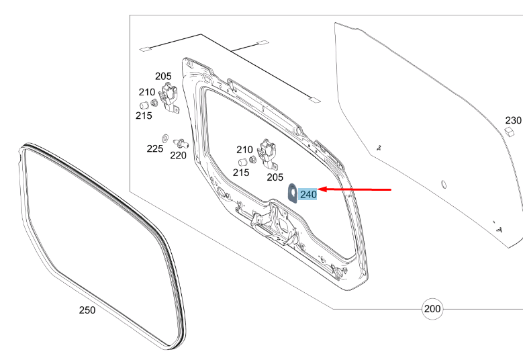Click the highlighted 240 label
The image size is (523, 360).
pos(309,194)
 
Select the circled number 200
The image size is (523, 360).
pos(432,309)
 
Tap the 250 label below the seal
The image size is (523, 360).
pos(87,310)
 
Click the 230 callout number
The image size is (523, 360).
pos(513,120)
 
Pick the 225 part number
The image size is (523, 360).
pos(155,148)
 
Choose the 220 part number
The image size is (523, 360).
pos(178,155)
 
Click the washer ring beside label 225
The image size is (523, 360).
pos(165,137)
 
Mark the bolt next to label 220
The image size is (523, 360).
pos(180,142)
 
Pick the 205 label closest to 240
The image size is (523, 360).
pos(275,177)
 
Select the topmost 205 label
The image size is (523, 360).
pos(163,76)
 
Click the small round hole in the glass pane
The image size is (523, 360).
pos(443,183)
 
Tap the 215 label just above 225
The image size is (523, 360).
pos(144,116)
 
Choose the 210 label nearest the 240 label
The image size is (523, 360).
pos(244,149)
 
